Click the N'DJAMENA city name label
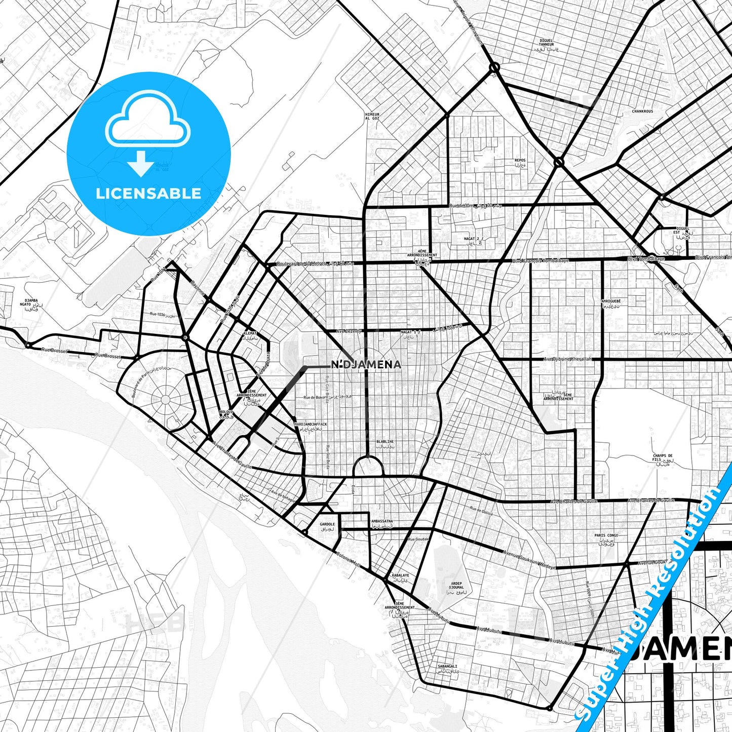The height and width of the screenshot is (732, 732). click(x=366, y=364)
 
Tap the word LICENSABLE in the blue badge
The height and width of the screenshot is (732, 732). click(x=148, y=193)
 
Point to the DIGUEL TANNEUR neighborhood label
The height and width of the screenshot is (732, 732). click(x=546, y=43)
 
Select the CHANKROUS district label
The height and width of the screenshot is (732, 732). click(x=642, y=111)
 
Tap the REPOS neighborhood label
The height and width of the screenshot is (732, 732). click(x=520, y=161)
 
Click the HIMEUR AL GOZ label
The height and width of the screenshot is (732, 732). click(x=372, y=116)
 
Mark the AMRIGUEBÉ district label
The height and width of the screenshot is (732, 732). click(x=610, y=301)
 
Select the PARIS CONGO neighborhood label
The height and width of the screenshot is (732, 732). click(x=606, y=535)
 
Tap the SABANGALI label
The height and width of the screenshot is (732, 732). click(x=447, y=667)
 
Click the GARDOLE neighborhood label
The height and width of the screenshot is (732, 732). click(x=327, y=524)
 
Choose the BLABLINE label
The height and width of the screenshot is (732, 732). click(x=384, y=442)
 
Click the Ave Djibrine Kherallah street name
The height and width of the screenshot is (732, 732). click(x=567, y=359)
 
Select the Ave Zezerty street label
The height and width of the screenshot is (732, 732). click(x=349, y=331)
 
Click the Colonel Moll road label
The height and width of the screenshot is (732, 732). click(x=348, y=559)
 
